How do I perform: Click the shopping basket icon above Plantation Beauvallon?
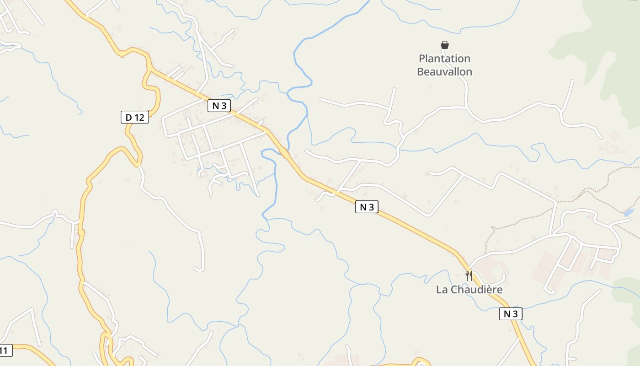[x=444, y=45]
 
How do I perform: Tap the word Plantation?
[x=444, y=59]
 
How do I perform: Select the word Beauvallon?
[x=444, y=72]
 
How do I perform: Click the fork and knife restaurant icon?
[x=469, y=275]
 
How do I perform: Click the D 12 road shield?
[x=135, y=117]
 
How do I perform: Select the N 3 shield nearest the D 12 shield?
[x=219, y=106]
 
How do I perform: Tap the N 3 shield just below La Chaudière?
[x=511, y=314]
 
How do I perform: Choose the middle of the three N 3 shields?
[x=367, y=207]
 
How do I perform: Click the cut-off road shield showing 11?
[x=5, y=351]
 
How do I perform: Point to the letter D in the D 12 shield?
[x=129, y=118]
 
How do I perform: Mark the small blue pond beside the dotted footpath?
[x=629, y=213]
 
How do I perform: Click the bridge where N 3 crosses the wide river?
[x=284, y=152]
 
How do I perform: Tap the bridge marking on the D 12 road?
[x=81, y=233]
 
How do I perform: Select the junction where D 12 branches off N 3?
[x=150, y=70]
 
